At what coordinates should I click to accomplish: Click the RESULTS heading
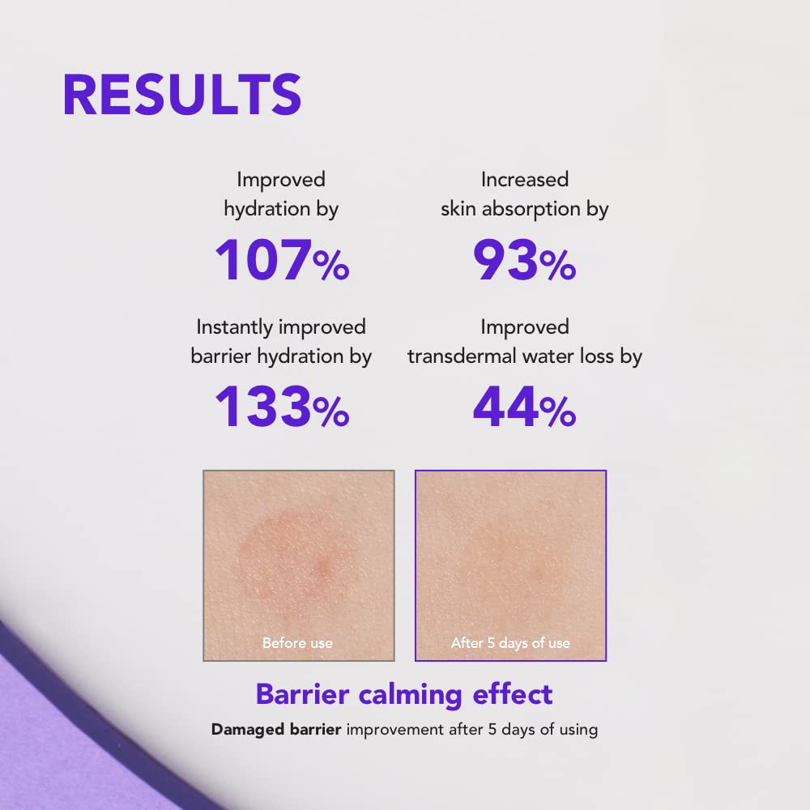pos(181,95)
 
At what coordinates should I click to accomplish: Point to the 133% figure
pos(281,408)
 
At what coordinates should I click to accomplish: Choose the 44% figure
pos(524,408)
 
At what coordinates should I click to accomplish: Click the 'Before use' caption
pos(297,643)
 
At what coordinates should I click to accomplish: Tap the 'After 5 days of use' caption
pos(510,643)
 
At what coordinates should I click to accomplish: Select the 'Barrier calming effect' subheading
pos(404,694)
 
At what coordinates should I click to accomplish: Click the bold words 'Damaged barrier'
pos(276,729)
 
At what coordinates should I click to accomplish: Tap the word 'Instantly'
pos(234,327)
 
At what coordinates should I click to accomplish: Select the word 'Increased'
pos(524,179)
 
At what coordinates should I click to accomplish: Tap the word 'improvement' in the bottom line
pos(397,729)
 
